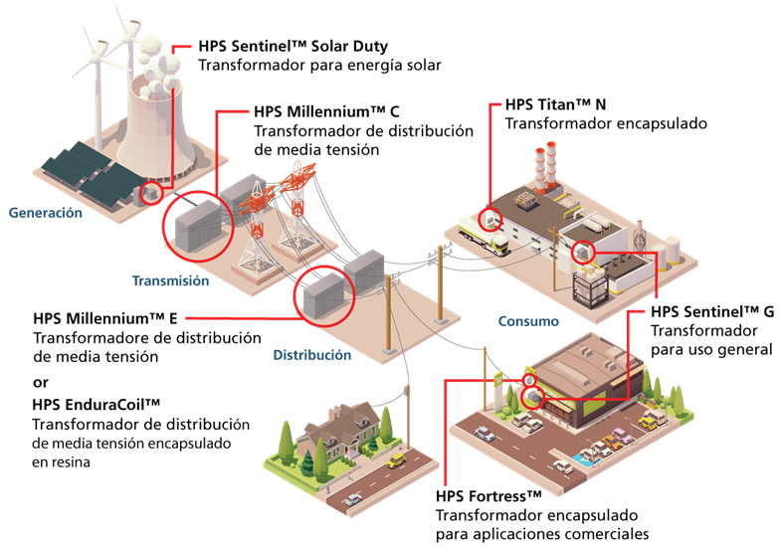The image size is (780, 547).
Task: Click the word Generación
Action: pyautogui.click(x=45, y=213)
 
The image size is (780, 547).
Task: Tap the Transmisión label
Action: pyautogui.click(x=170, y=281)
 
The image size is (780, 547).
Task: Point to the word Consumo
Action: pyautogui.click(x=528, y=322)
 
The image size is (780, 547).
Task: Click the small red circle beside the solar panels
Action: pyautogui.click(x=150, y=191)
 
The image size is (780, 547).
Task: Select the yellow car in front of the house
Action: pyautogui.click(x=395, y=460)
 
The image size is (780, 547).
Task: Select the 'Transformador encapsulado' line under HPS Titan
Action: pyautogui.click(x=606, y=124)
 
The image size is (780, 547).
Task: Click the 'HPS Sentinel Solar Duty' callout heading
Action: pyautogui.click(x=293, y=47)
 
